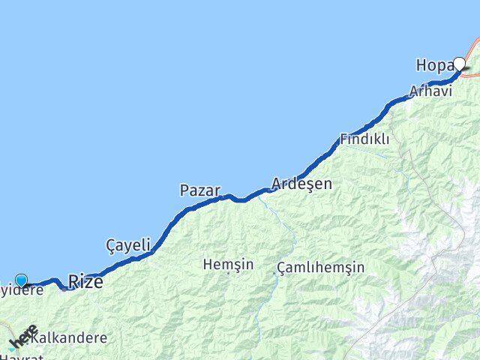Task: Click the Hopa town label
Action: point(432,66)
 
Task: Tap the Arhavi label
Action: point(430,91)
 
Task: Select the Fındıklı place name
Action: point(364,139)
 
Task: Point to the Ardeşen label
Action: point(301,183)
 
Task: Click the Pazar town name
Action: point(199,190)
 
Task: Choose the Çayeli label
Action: point(128,244)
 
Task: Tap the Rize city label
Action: point(85,282)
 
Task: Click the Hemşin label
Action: point(228,265)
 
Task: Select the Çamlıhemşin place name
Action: point(320,268)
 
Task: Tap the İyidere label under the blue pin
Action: point(22,290)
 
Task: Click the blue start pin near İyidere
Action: point(20,281)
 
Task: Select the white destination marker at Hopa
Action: point(459,64)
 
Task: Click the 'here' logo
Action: point(22,337)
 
